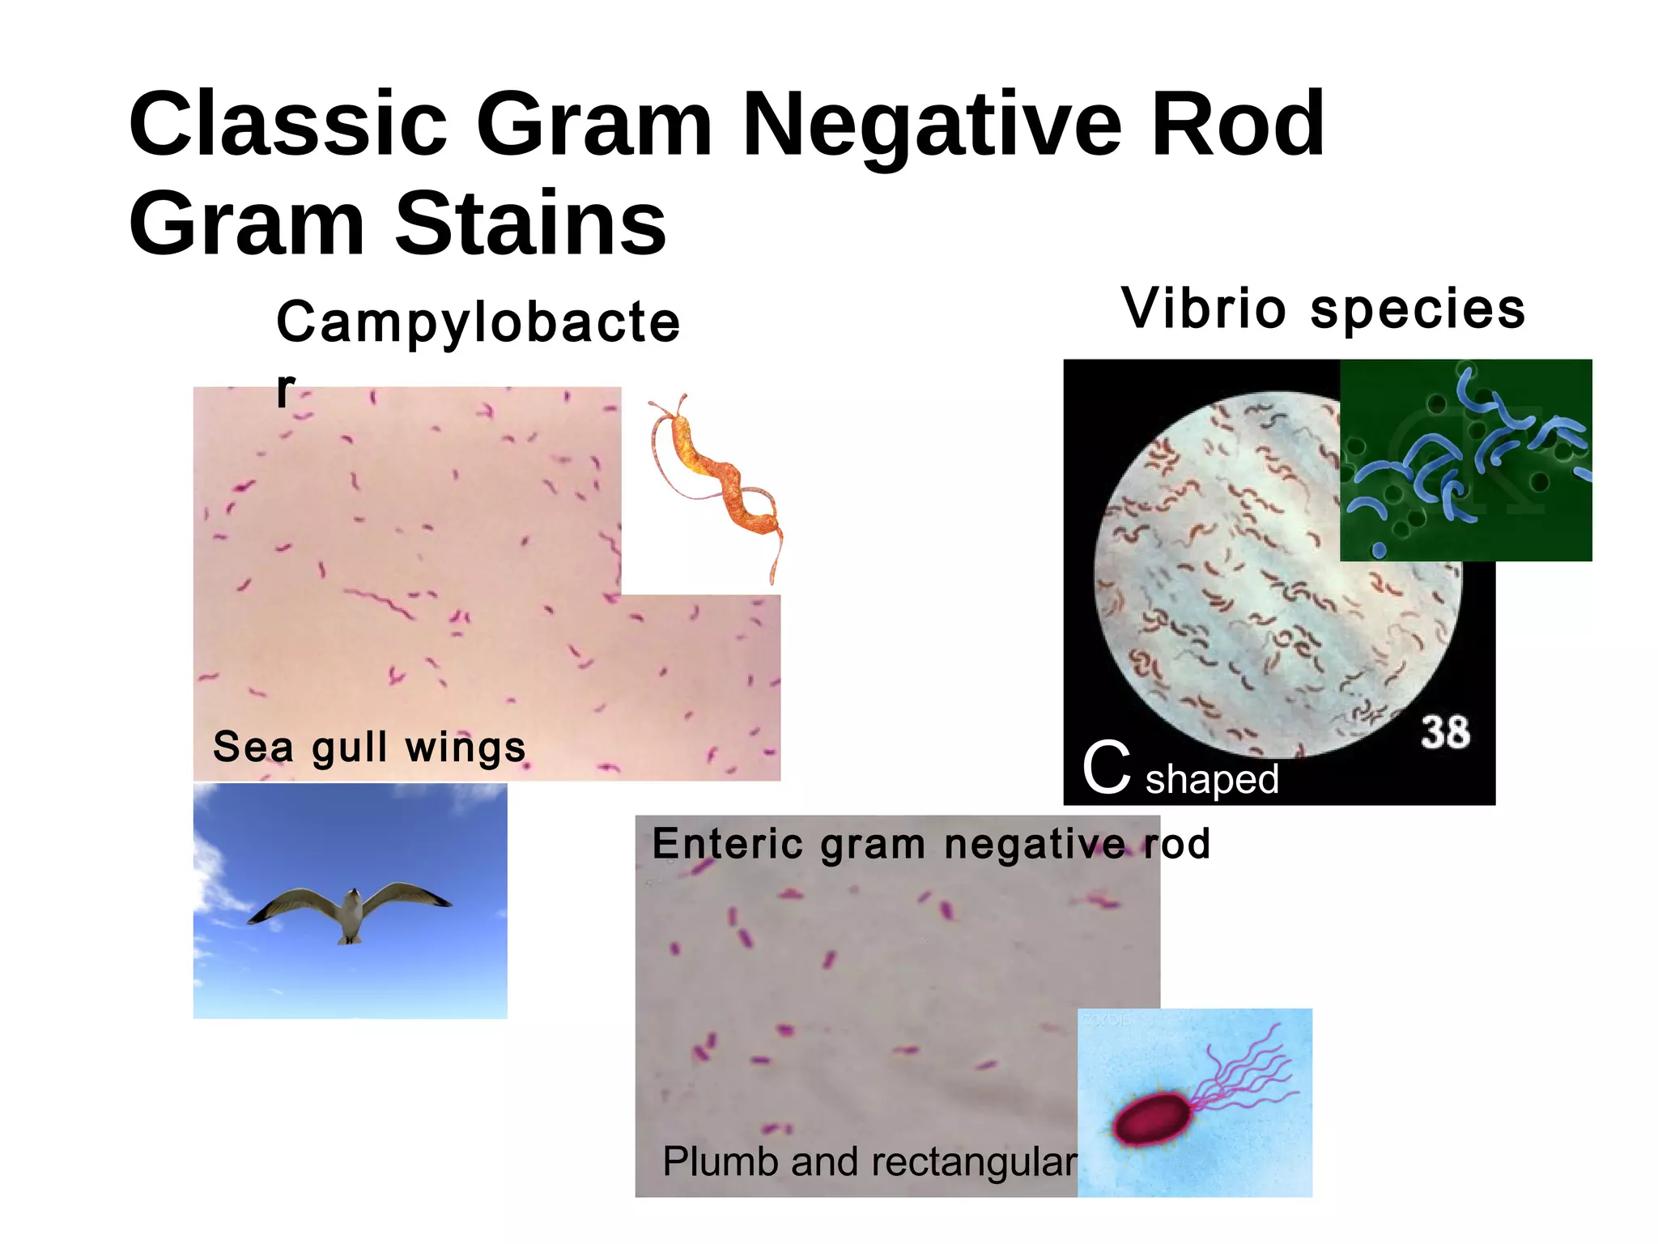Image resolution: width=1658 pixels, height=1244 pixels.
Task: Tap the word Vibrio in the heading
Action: pos(1204,309)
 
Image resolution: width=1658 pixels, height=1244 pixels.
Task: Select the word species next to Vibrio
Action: pos(1418,310)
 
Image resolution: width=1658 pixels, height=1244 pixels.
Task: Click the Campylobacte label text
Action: pos(478,323)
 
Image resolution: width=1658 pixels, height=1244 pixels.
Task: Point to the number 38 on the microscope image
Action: pos(1445,732)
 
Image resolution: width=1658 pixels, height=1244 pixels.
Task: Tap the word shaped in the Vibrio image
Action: pos(1212,780)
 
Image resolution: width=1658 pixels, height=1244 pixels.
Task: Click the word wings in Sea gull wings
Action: pos(466,748)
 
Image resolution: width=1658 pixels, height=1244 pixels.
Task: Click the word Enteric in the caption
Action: pos(727,844)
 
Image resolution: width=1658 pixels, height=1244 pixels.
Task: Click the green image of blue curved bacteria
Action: pos(1465,460)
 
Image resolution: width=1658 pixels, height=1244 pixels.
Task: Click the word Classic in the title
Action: pos(287,126)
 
